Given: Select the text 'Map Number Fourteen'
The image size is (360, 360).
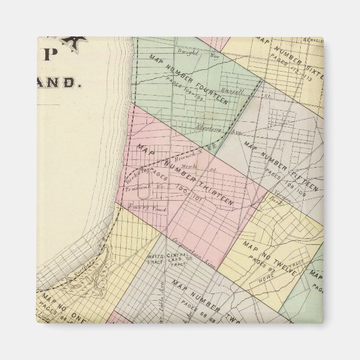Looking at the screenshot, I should point(188,80).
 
